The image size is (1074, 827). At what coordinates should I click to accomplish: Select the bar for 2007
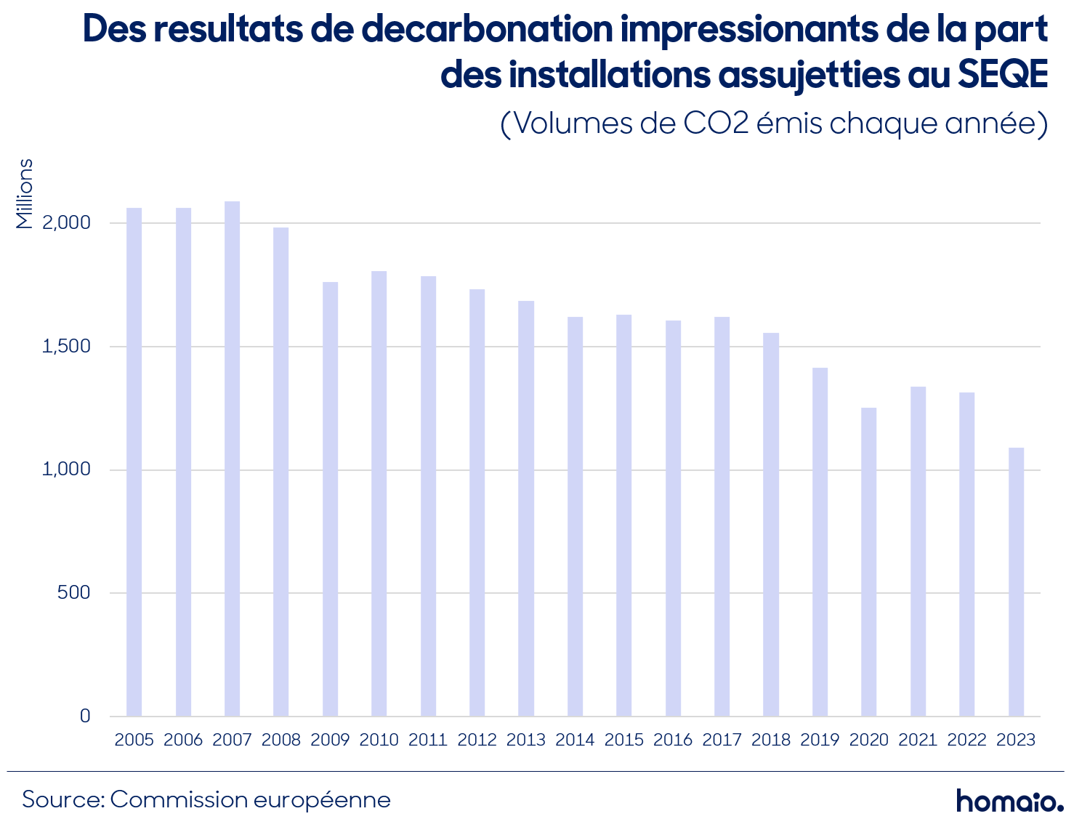tap(232, 459)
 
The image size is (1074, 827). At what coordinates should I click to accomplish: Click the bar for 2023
tap(1016, 582)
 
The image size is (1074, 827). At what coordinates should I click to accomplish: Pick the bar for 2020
tap(868, 562)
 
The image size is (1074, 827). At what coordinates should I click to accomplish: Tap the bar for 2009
tap(330, 499)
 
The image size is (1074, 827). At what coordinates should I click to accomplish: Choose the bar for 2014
tap(575, 517)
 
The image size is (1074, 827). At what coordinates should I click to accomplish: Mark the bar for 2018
tap(770, 525)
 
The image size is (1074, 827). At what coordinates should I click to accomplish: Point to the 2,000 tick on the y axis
tap(66, 223)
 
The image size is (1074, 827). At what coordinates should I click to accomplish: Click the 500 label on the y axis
tap(73, 592)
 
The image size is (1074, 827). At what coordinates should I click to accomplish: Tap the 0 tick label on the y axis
tap(85, 716)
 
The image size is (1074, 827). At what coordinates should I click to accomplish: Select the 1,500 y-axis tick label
tap(66, 346)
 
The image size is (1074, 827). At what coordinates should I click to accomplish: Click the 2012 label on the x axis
tap(477, 740)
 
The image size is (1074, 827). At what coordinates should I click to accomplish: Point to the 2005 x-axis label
tap(134, 740)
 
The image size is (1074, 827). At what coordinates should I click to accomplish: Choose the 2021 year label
tap(918, 740)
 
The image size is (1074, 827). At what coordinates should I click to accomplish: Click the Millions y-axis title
tap(24, 194)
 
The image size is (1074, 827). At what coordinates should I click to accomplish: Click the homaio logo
tap(1009, 800)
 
